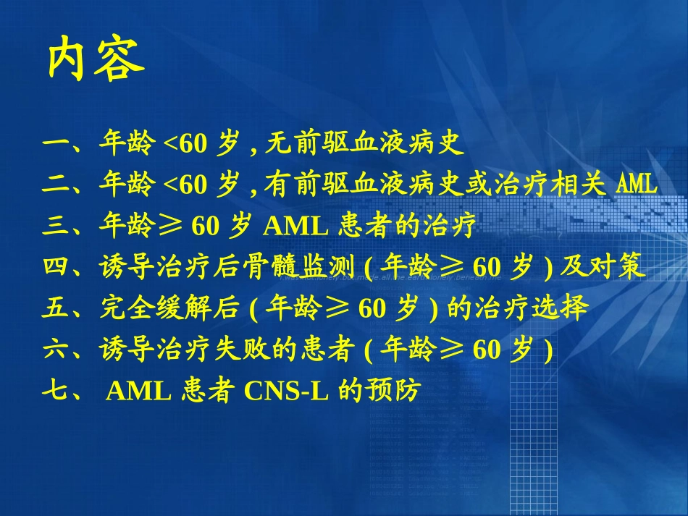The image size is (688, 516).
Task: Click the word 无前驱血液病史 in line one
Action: (364, 145)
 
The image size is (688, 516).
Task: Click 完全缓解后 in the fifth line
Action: (168, 310)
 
